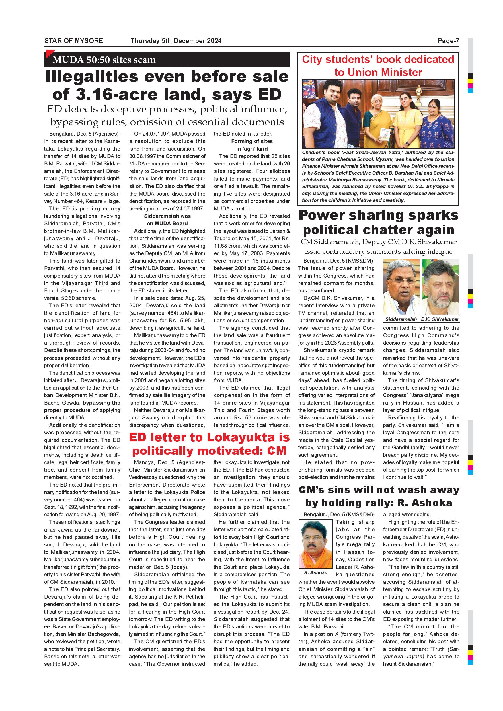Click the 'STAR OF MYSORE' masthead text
tap(74, 40)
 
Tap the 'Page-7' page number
tap(448, 40)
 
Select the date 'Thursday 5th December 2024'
tap(176, 40)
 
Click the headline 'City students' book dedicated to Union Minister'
tap(378, 66)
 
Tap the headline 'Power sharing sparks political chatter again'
tap(378, 222)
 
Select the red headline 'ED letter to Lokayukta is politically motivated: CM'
tap(209, 444)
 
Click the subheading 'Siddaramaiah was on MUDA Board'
tap(167, 220)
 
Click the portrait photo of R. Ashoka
tap(315, 544)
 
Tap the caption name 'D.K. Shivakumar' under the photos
tap(440, 319)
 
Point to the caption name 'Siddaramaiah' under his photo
tap(401, 319)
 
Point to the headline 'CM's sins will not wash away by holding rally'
tap(379, 496)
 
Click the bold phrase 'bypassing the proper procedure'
tap(82, 406)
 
